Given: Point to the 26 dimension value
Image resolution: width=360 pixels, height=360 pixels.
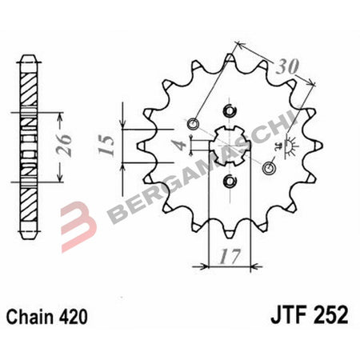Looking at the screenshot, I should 70,142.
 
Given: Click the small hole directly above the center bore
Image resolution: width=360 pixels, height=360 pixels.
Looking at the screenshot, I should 231,110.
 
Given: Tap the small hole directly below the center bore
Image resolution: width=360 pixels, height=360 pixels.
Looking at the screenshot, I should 230,179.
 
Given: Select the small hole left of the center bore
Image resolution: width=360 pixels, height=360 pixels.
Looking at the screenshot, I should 193,124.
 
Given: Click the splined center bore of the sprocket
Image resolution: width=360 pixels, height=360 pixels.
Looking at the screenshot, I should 230,144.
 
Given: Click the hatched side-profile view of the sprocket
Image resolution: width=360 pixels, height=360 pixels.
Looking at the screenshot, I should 29,144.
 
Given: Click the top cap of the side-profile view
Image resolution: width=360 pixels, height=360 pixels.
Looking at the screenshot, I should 29,58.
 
